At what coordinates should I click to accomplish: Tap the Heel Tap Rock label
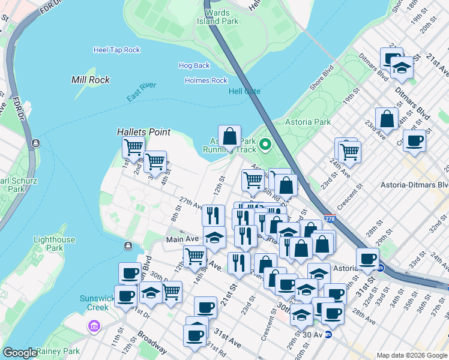click(x=116, y=50)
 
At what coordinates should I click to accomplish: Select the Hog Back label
click(x=194, y=65)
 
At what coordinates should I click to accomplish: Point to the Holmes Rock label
click(x=206, y=80)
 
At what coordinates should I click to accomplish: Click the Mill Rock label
click(x=90, y=79)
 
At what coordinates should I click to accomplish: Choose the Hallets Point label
click(x=143, y=132)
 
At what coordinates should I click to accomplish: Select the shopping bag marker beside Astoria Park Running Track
click(x=229, y=137)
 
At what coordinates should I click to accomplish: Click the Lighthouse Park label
click(x=55, y=244)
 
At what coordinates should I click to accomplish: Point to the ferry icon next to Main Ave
click(x=127, y=246)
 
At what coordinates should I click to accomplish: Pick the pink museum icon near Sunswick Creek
click(x=94, y=326)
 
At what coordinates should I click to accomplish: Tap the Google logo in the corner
click(x=19, y=353)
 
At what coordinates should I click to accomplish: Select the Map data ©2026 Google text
click(x=412, y=355)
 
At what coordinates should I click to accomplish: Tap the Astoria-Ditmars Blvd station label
click(x=414, y=185)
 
